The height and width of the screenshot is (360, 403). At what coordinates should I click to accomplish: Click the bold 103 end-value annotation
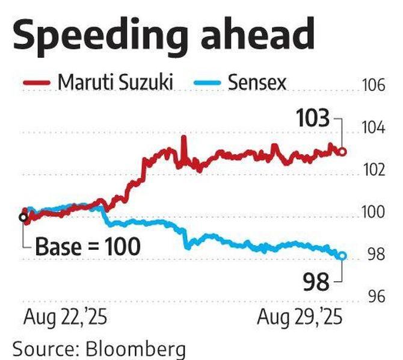pyautogui.click(x=312, y=119)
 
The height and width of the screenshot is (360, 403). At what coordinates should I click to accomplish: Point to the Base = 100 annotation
pyautogui.click(x=87, y=247)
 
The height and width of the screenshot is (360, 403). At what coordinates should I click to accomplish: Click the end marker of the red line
pyautogui.click(x=343, y=152)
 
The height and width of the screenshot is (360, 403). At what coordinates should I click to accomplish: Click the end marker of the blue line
pyautogui.click(x=343, y=256)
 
